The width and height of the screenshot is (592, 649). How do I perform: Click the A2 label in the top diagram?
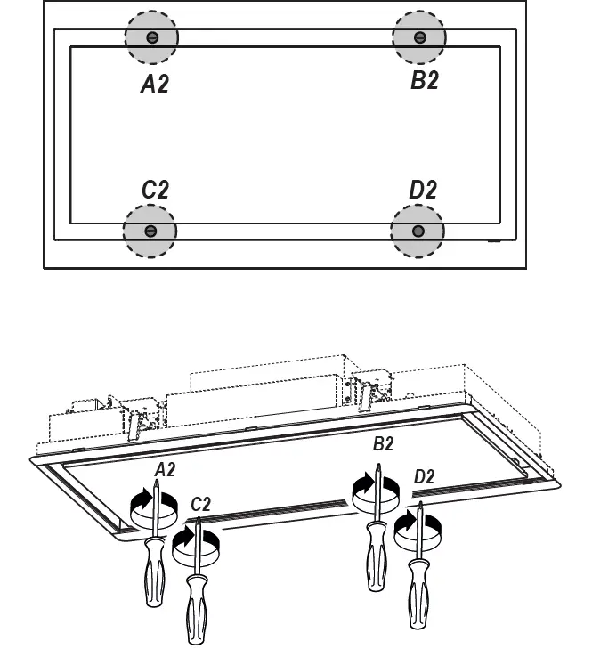[x=154, y=84]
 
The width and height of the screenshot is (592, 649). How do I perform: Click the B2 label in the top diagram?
[x=424, y=80]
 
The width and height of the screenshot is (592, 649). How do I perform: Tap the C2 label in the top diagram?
[x=154, y=190]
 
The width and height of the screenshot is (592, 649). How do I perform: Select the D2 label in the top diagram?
[x=423, y=190]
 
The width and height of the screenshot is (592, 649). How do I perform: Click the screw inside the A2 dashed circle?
[x=151, y=37]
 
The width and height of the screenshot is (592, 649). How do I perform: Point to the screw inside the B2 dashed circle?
[x=419, y=37]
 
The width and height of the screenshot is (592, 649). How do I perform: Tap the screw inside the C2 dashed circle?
[x=150, y=231]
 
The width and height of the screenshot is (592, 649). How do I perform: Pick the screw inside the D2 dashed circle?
[x=418, y=231]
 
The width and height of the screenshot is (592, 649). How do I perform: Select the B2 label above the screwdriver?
[x=383, y=444]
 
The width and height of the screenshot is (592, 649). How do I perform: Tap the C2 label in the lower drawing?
[x=202, y=504]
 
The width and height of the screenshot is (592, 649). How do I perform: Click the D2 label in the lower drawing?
[x=424, y=476]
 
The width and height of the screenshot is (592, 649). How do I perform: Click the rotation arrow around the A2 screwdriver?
[x=141, y=509]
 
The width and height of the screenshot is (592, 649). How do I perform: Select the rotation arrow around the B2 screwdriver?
[x=363, y=491]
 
